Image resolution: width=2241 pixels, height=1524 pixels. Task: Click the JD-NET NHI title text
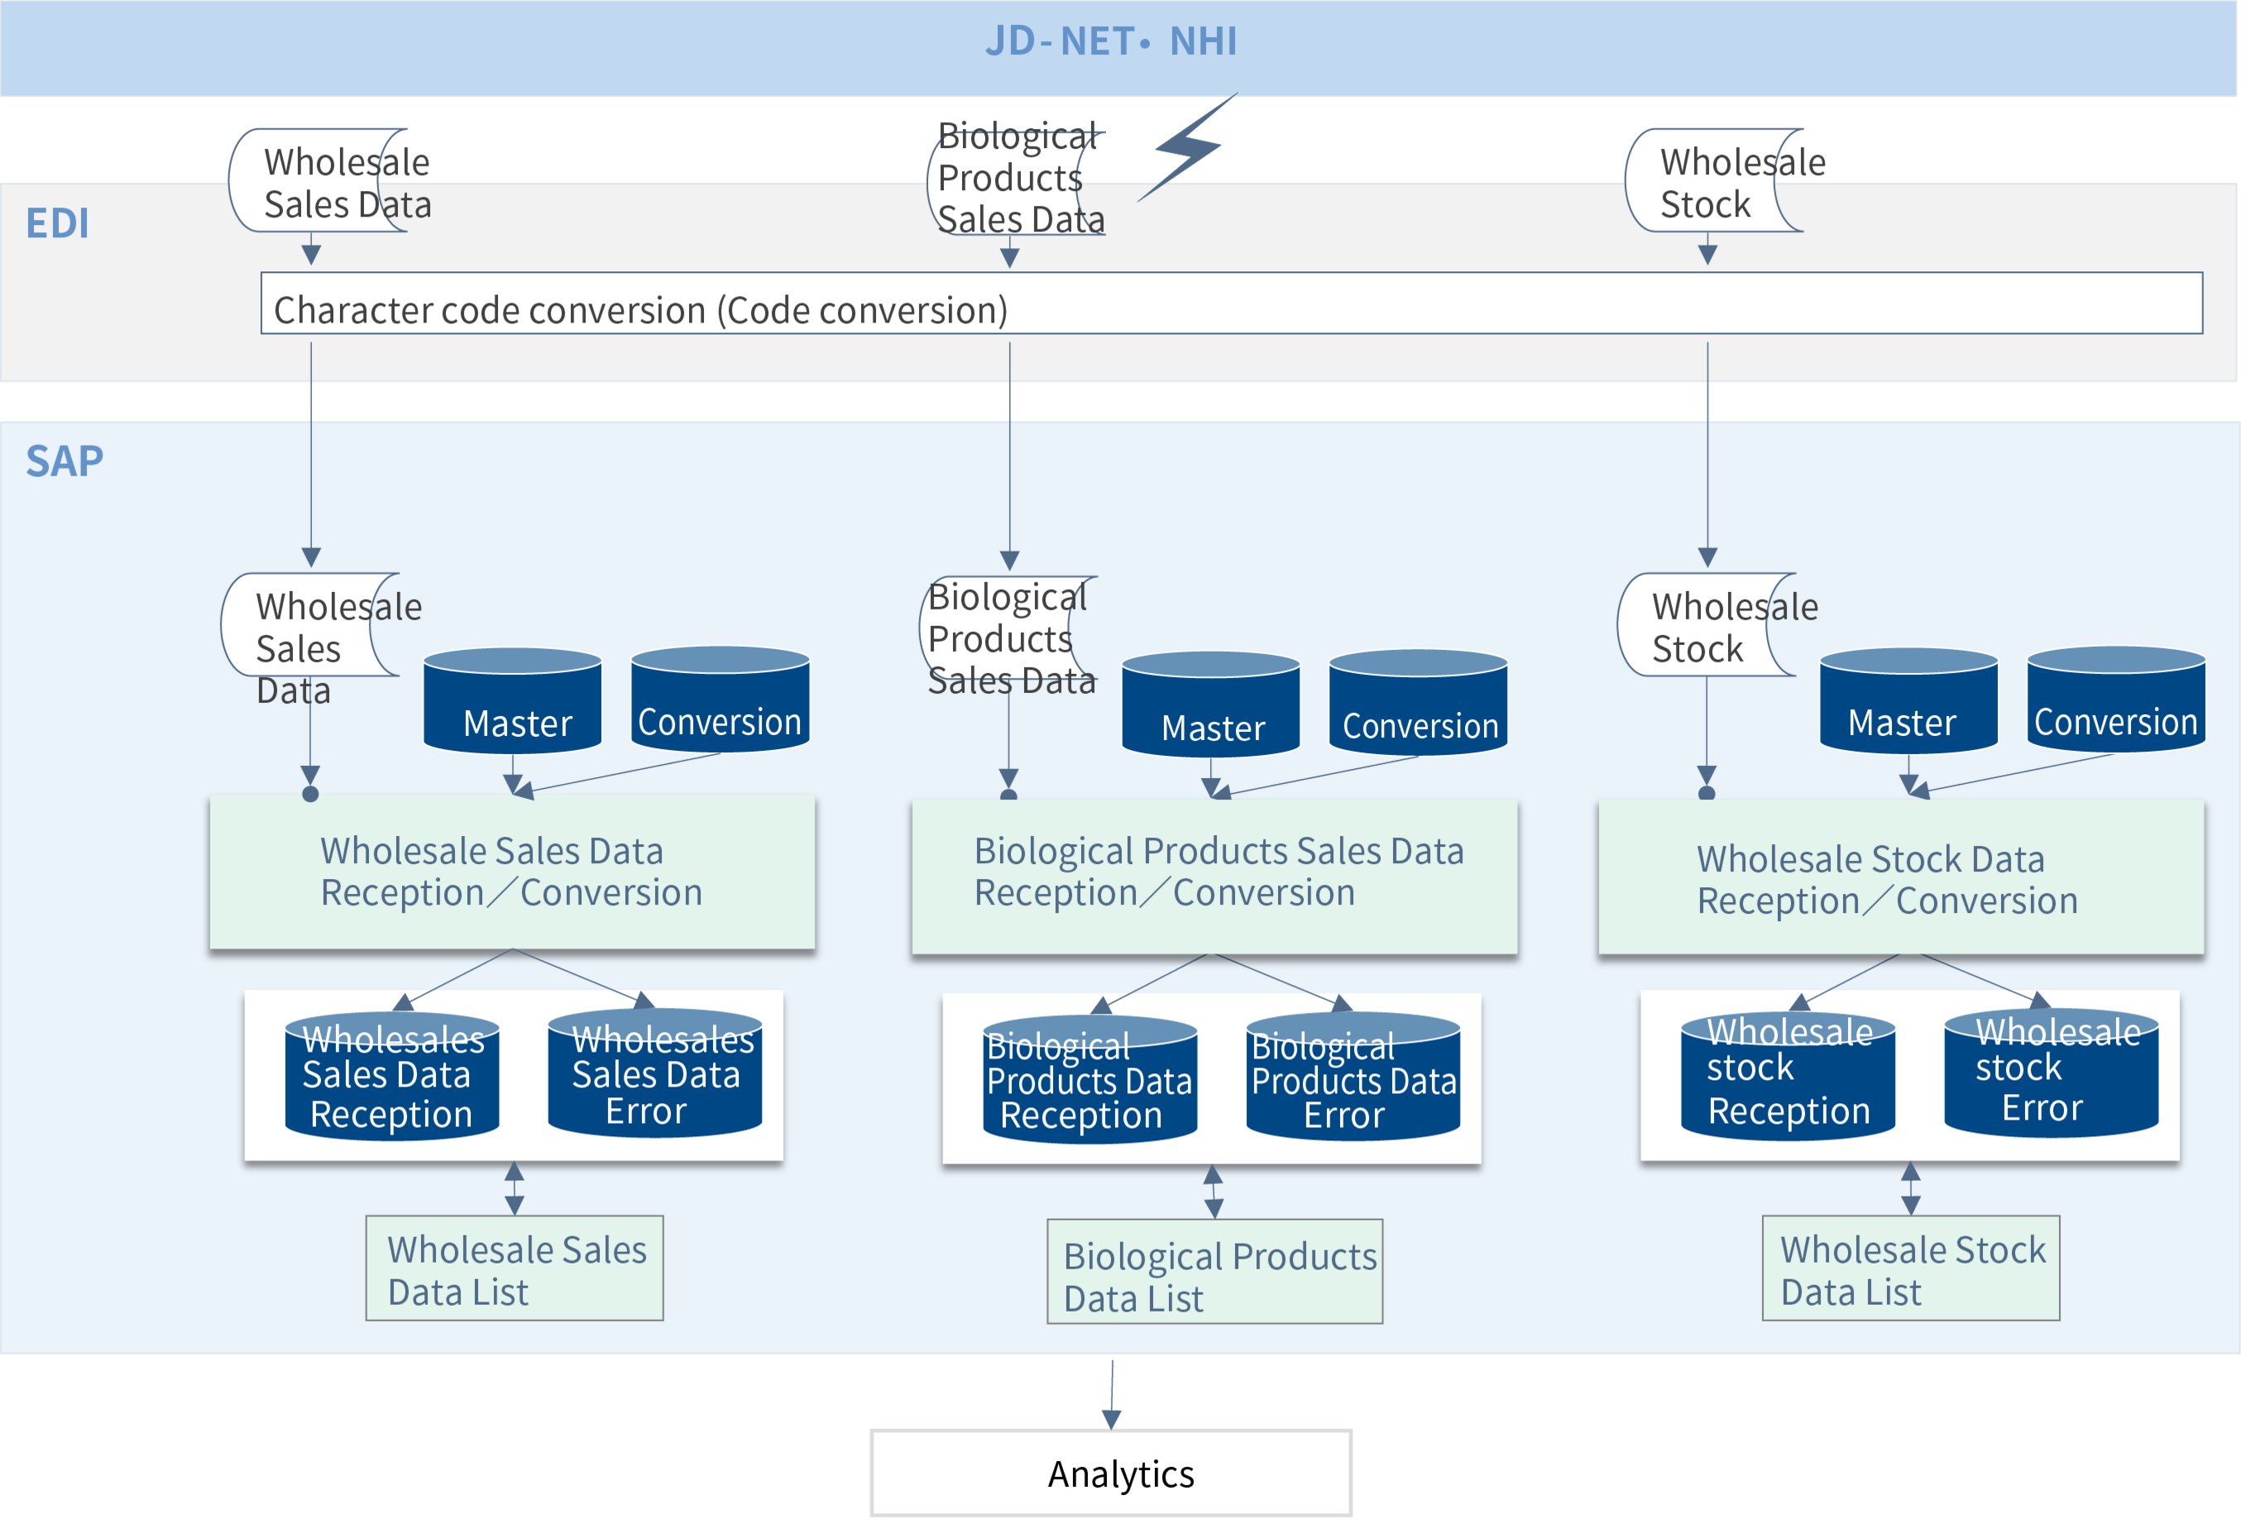click(1111, 41)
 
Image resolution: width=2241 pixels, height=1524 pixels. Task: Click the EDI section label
click(57, 222)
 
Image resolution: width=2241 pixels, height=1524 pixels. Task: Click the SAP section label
click(64, 461)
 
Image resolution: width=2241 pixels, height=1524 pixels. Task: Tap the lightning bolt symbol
click(1188, 147)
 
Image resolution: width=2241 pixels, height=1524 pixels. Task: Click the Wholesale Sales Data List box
click(514, 1268)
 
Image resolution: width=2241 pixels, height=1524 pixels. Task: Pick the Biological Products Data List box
click(1214, 1273)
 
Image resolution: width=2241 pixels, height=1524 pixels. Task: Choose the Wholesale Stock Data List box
click(1910, 1268)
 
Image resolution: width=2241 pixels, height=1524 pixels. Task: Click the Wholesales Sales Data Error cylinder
click(654, 1075)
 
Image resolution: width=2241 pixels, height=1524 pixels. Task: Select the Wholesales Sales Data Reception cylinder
click(391, 1077)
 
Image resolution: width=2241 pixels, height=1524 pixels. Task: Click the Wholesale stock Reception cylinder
click(1788, 1075)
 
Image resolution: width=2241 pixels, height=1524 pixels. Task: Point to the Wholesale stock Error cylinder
click(2051, 1073)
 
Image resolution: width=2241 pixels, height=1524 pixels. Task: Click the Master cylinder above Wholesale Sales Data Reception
click(512, 702)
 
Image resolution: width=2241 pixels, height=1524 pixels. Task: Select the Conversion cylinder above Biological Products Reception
click(1418, 705)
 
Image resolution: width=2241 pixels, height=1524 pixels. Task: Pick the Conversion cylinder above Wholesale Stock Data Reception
click(2115, 702)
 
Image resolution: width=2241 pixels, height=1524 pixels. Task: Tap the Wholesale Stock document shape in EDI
click(1712, 181)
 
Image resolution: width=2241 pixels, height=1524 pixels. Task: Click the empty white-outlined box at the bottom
click(1111, 1473)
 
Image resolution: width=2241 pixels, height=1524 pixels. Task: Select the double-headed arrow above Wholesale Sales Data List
click(514, 1187)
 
